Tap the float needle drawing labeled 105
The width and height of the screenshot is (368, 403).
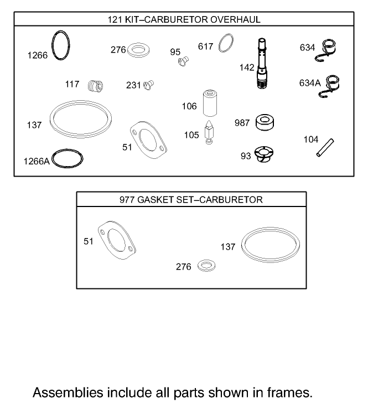pos(209,133)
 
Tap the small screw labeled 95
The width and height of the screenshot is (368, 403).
pos(184,61)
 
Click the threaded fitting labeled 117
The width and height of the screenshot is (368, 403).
pos(96,86)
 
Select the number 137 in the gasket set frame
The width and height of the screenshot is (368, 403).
pos(227,247)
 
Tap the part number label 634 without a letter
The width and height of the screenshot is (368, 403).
pos(307,48)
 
